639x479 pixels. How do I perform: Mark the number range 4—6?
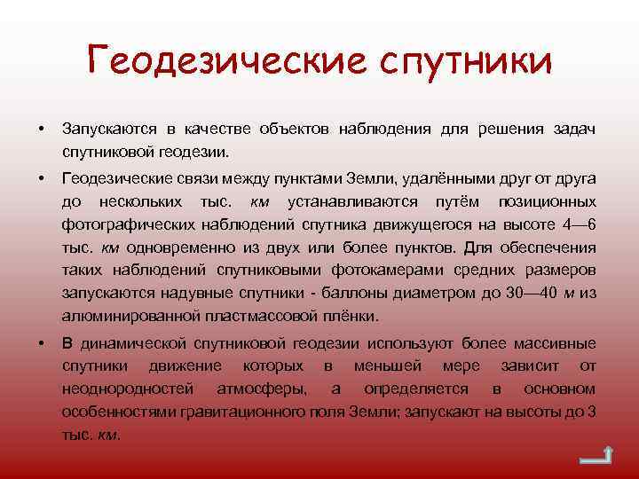point(578,224)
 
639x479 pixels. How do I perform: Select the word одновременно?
point(186,246)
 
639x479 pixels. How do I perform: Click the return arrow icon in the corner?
point(594,458)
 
